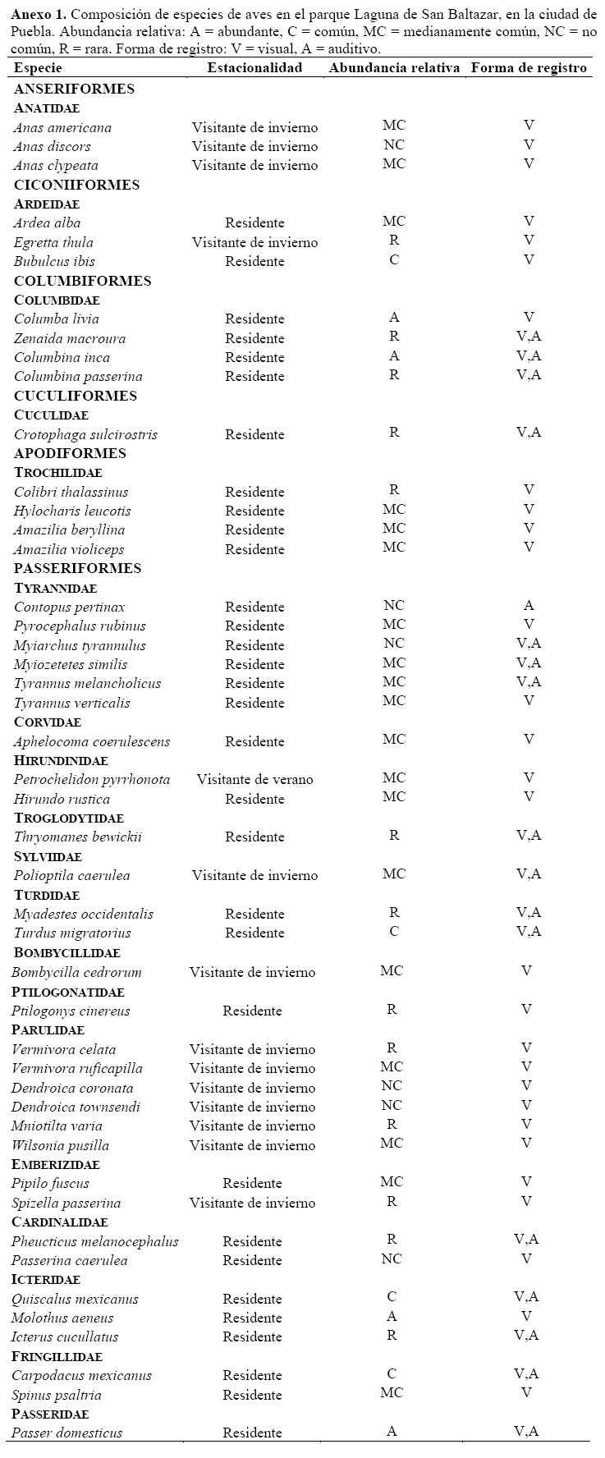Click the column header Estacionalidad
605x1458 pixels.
point(254,68)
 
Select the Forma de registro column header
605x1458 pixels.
point(529,68)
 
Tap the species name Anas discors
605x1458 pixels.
point(52,147)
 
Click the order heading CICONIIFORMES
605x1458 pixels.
point(76,185)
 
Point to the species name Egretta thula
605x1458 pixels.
point(53,243)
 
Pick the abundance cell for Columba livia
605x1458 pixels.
point(394,318)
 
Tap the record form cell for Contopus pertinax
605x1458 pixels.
point(529,606)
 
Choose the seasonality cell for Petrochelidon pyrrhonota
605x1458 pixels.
point(254,780)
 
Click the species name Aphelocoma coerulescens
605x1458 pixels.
point(92,742)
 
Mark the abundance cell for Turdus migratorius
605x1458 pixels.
point(394,932)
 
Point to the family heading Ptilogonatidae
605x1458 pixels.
point(67,992)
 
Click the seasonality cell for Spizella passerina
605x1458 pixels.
point(252,1204)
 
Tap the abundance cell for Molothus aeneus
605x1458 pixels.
point(392,1317)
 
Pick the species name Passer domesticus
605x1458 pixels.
point(66,1433)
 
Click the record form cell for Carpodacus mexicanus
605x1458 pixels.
point(526,1373)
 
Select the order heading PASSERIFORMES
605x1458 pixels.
point(77,568)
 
